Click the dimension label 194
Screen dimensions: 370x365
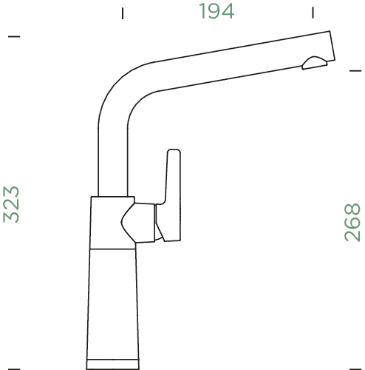[216, 11]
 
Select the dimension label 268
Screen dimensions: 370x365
[353, 223]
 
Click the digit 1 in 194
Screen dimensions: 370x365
[201, 11]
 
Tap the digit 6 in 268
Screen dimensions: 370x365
[353, 223]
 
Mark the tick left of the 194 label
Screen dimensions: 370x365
[123, 13]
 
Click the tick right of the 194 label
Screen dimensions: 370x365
[313, 13]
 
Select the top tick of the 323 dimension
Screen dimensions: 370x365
[14, 36]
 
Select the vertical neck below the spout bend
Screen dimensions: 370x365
[114, 155]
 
